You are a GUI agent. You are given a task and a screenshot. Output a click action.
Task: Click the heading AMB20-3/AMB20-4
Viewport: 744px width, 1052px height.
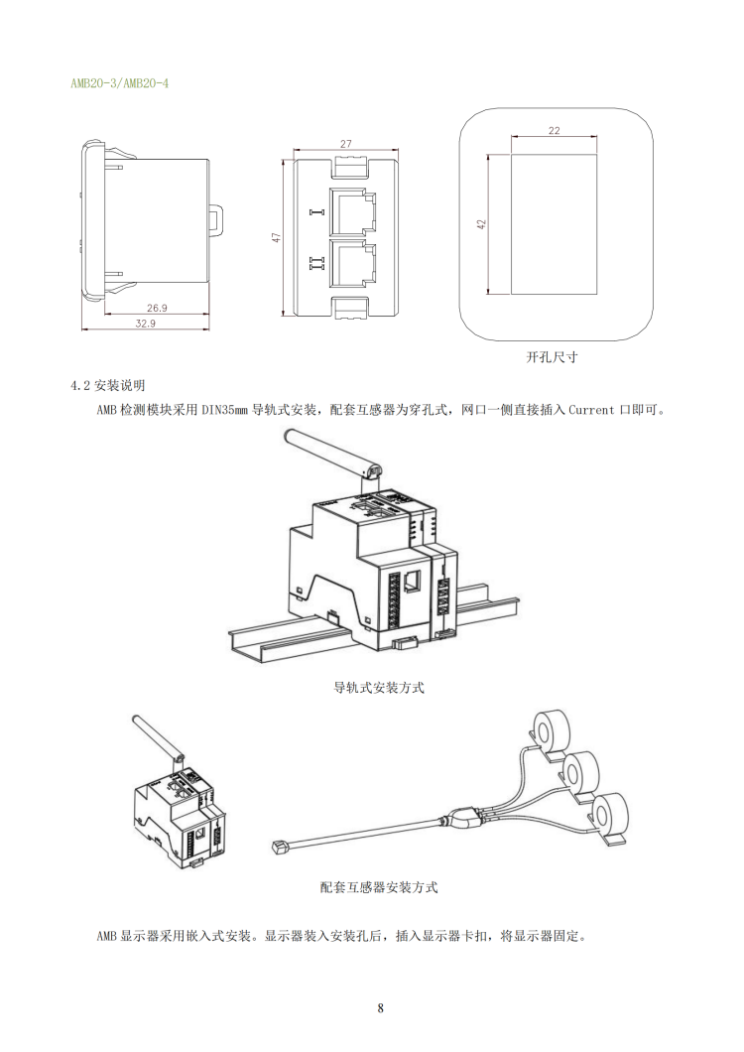click(119, 83)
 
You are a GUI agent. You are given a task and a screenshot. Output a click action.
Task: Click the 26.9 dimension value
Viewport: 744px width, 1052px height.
click(157, 308)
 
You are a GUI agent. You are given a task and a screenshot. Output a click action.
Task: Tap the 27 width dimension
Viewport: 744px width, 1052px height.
click(345, 144)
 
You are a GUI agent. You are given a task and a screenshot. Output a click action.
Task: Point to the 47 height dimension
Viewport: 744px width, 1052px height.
click(278, 237)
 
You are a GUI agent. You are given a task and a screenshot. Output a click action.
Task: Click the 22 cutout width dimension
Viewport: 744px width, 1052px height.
click(554, 130)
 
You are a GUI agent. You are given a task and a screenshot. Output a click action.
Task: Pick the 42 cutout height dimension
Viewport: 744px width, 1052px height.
click(482, 224)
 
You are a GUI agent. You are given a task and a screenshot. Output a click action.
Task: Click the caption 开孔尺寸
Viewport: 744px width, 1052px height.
click(552, 357)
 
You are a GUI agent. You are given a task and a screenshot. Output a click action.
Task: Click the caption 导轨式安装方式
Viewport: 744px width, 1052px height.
click(379, 687)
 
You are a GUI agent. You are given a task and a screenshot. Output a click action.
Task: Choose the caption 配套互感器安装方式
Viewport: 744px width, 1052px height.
click(379, 887)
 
